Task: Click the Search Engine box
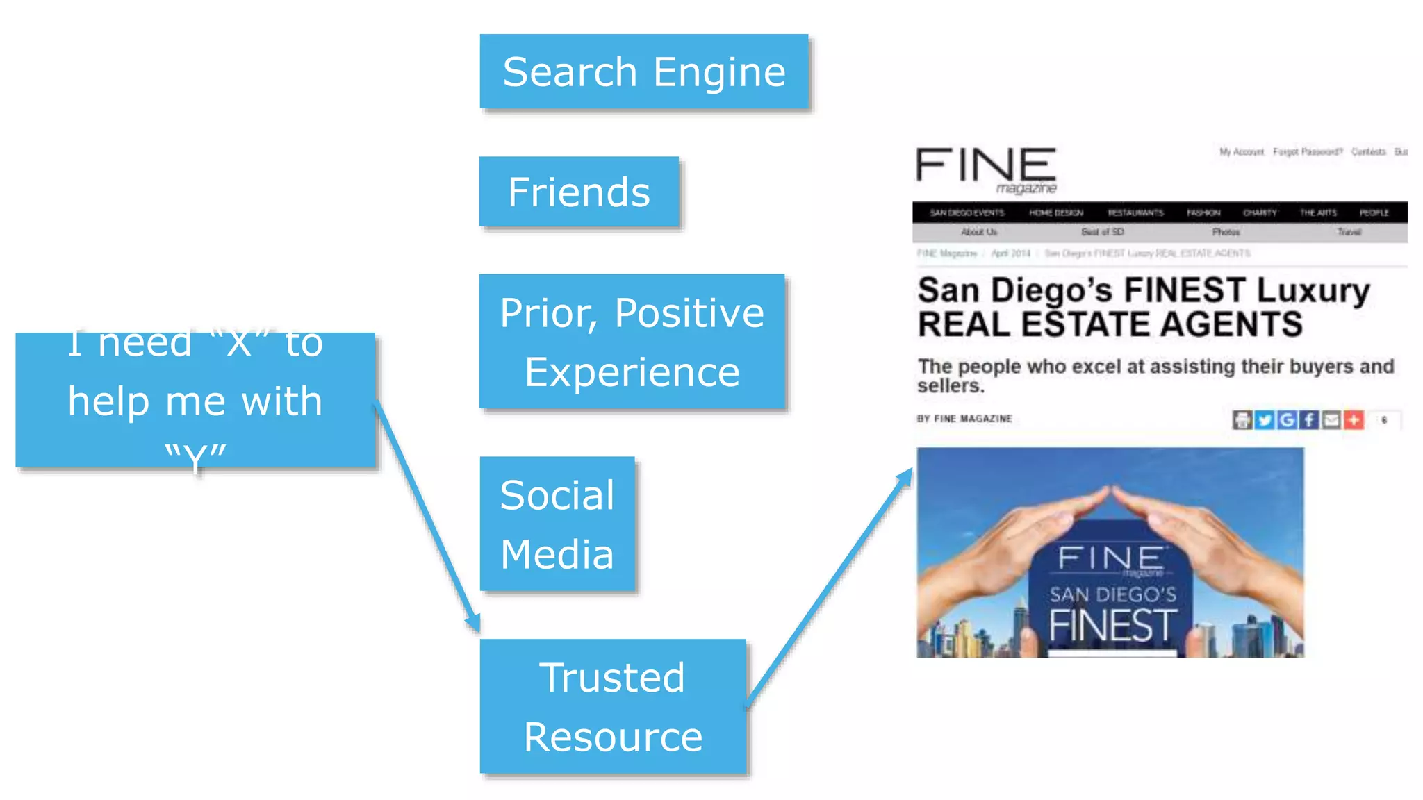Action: coord(643,72)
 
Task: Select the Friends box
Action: coord(579,192)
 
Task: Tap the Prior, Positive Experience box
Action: coord(632,342)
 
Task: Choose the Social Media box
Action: coord(557,524)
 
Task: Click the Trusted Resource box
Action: coord(613,706)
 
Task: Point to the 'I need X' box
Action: coord(195,400)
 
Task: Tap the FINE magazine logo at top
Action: coord(986,169)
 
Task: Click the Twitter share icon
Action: coord(1265,419)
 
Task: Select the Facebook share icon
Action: coord(1309,419)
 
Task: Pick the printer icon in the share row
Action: coord(1242,419)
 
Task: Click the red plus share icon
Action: coord(1354,419)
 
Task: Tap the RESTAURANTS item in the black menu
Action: coord(1135,212)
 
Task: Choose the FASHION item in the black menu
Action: coord(1203,212)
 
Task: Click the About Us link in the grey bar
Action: coord(978,232)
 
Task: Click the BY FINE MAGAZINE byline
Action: coord(964,419)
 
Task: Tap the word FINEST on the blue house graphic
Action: coord(1112,626)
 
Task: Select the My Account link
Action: coord(1242,151)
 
